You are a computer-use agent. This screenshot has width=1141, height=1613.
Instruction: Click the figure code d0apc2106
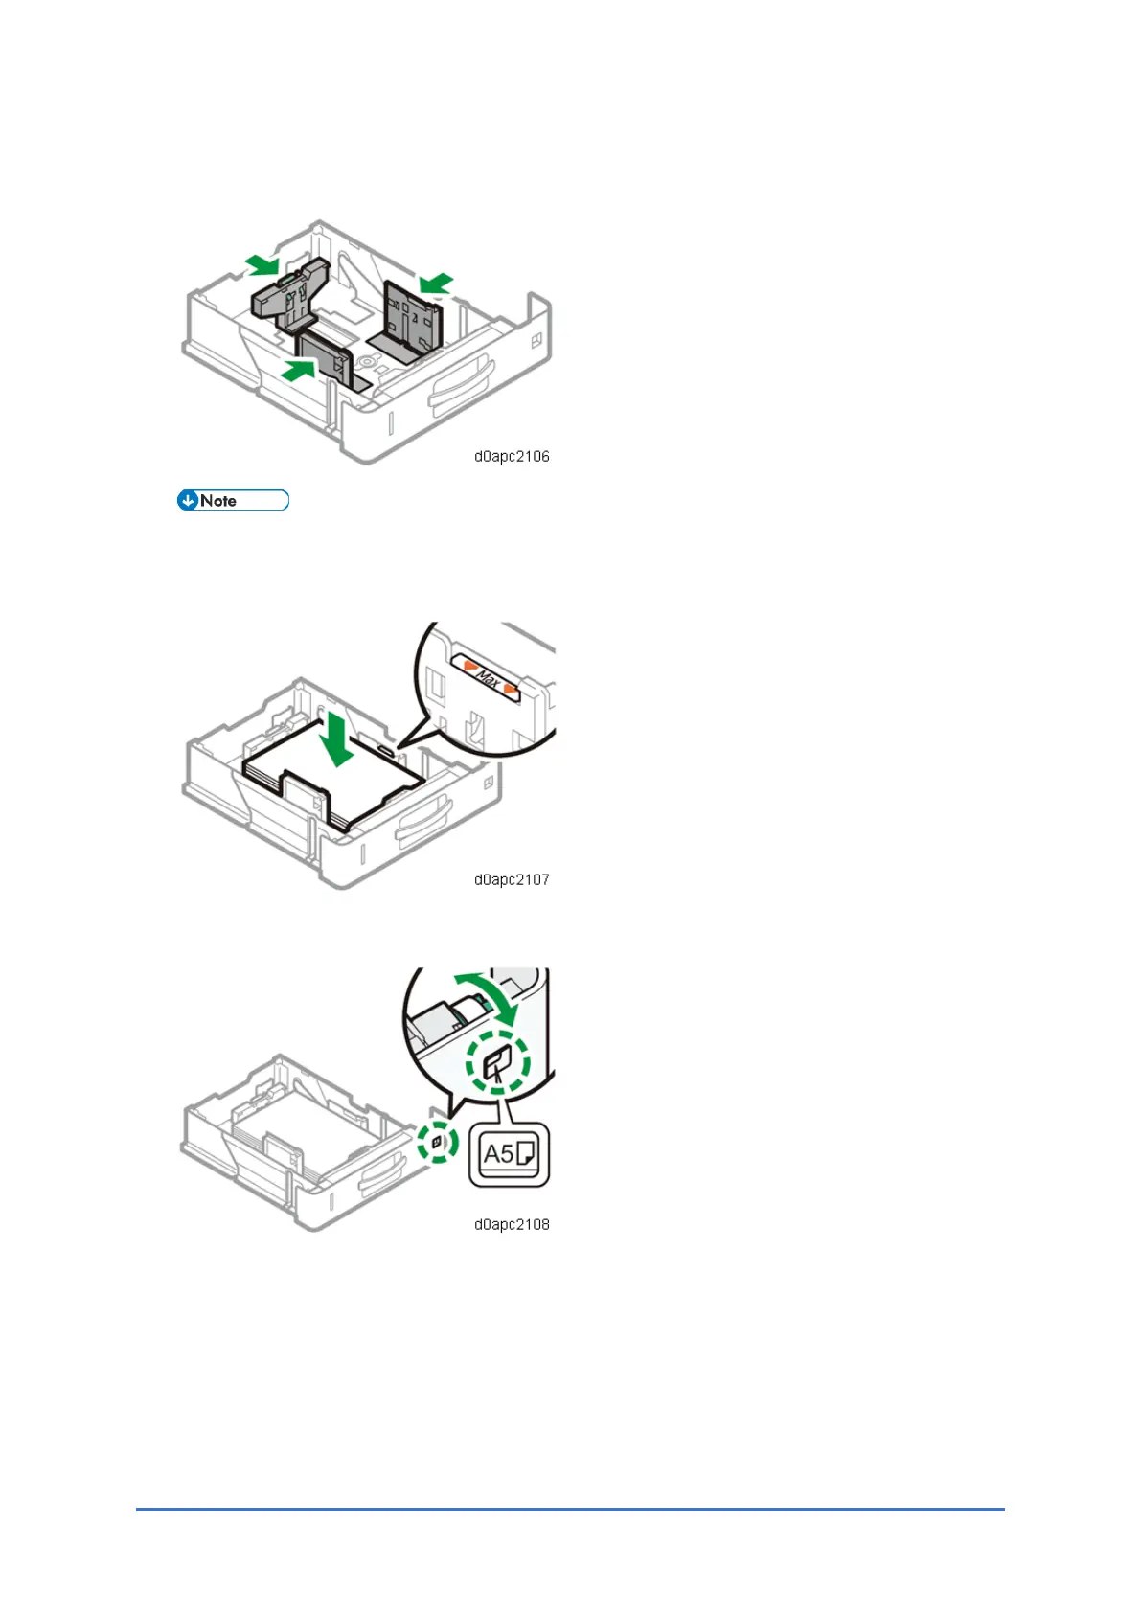[x=512, y=457]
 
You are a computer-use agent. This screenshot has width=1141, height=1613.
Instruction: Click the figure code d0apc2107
[x=512, y=880]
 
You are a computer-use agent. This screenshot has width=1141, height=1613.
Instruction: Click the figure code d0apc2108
[x=512, y=1225]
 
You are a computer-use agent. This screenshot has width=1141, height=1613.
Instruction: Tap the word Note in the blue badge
[x=218, y=501]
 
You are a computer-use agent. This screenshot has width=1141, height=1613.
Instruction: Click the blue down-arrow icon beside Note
[x=188, y=500]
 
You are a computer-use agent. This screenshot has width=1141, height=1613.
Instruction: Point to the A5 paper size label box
[x=509, y=1154]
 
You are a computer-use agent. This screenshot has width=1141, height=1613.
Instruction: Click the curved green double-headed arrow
[x=488, y=994]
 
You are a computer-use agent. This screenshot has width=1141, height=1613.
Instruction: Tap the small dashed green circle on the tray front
[x=438, y=1143]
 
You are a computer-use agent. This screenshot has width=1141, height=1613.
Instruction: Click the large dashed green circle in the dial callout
[x=498, y=1061]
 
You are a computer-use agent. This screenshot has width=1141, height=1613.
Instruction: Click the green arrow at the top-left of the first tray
[x=262, y=263]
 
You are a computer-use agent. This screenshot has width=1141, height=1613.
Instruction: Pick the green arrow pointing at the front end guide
[x=299, y=370]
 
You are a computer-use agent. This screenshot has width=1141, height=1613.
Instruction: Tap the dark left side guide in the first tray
[x=287, y=291]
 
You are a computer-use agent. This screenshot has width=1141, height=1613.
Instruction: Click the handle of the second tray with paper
[x=425, y=819]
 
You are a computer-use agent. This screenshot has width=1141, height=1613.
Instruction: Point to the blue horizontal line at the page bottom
[x=570, y=1510]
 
